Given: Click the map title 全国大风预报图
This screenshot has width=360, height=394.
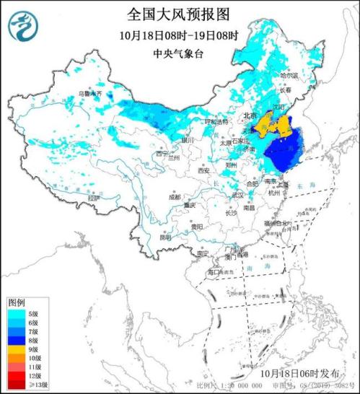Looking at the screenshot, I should point(180,15).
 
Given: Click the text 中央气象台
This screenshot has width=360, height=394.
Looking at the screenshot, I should point(180,53).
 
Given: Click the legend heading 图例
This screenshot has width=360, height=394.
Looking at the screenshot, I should point(17,301).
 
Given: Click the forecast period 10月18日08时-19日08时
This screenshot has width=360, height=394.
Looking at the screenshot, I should point(180,35).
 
